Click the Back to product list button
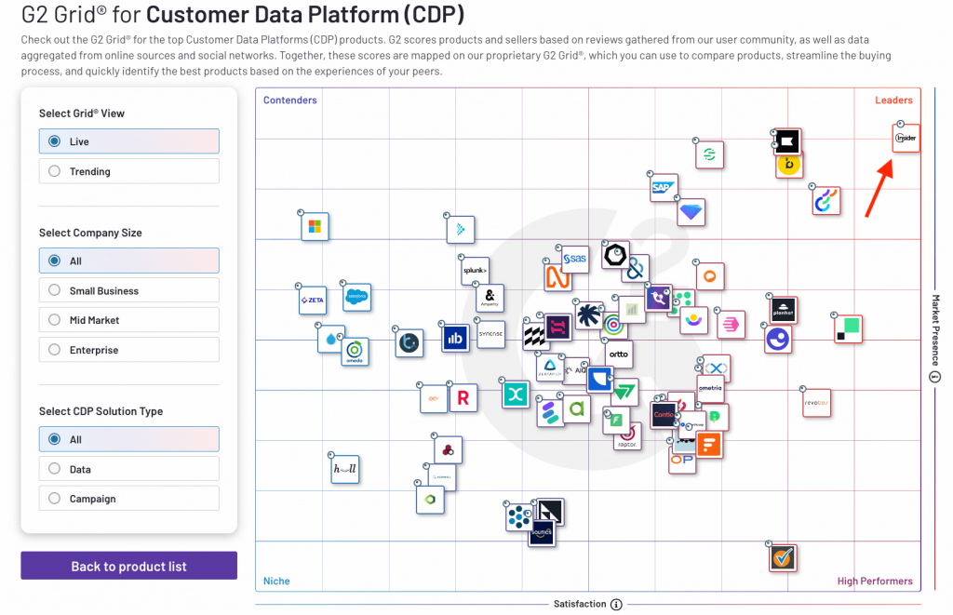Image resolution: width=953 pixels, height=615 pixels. [x=128, y=566]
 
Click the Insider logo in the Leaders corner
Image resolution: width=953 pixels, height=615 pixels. [x=906, y=139]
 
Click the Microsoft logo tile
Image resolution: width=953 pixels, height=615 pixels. [x=315, y=226]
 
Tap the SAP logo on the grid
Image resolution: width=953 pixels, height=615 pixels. [x=663, y=187]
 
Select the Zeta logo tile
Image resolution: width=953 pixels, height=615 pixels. [x=312, y=300]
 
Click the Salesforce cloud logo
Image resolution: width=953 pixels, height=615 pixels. [x=356, y=297]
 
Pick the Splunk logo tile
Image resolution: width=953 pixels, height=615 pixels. [x=475, y=271]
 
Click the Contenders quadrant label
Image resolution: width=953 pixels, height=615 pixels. [x=289, y=100]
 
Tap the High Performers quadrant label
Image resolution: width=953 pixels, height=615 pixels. [x=874, y=582]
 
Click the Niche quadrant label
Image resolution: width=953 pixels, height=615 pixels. [x=276, y=582]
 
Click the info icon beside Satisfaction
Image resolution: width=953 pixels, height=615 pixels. [x=616, y=604]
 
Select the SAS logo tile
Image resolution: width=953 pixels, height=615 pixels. [x=575, y=258]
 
